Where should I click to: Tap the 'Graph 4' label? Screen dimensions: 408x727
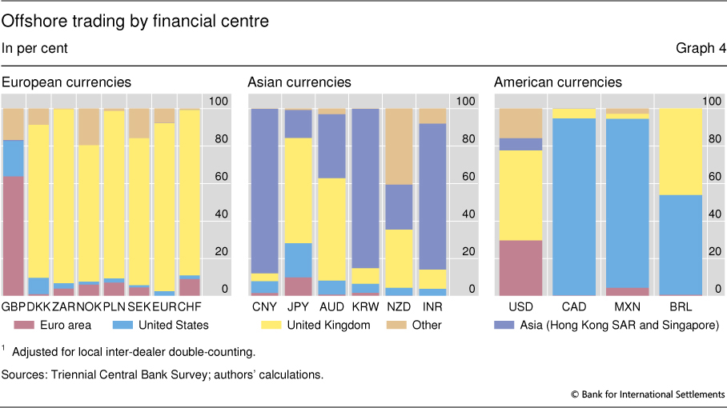tap(701, 49)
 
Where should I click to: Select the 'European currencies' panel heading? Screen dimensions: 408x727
tap(66, 82)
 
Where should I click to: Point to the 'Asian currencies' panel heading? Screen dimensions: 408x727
tap(299, 82)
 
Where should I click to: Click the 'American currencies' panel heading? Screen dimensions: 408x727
tap(557, 82)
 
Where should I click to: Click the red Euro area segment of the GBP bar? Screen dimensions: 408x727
tap(13, 236)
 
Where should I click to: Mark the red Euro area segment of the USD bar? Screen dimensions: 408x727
tap(521, 268)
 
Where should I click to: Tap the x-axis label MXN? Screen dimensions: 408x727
tap(626, 306)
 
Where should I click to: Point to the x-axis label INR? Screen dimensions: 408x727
tap(432, 306)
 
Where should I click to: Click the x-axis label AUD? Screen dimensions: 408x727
tap(331, 306)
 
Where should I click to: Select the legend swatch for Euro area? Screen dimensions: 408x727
tap(22, 325)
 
